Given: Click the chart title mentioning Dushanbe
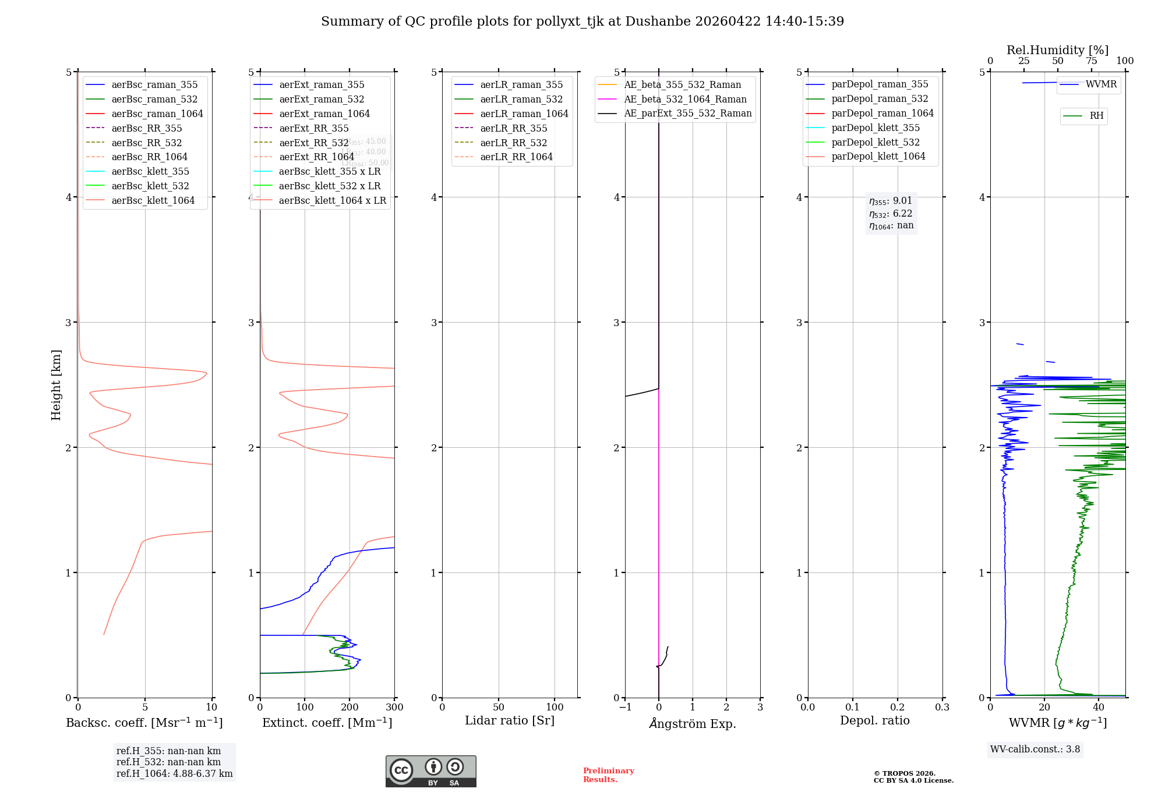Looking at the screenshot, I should [x=582, y=22].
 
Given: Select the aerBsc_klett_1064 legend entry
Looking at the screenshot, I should [x=153, y=200].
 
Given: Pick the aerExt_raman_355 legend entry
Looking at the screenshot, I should [x=322, y=85].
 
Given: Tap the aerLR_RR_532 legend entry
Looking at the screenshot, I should [x=513, y=143].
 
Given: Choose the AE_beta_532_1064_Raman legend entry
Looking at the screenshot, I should [x=685, y=99].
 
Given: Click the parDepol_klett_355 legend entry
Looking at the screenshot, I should [x=875, y=128].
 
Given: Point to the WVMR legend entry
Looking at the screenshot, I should [x=1101, y=84].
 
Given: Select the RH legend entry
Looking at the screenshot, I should [x=1096, y=116].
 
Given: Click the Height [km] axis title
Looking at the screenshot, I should [x=56, y=385].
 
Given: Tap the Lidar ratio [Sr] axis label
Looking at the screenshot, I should [x=510, y=720].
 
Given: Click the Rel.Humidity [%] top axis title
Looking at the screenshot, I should [x=1057, y=50].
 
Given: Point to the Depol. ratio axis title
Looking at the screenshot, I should [x=874, y=720].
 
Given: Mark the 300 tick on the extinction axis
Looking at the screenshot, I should [x=394, y=707].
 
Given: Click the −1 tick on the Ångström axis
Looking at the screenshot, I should [x=625, y=707].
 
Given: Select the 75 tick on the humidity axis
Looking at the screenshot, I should [x=1091, y=61].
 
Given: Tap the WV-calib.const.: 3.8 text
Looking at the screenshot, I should [x=1035, y=749].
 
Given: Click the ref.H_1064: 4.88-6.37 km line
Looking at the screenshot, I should [x=174, y=773].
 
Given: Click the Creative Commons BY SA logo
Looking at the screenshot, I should [x=430, y=771].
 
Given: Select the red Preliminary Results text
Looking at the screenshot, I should [x=608, y=775].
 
